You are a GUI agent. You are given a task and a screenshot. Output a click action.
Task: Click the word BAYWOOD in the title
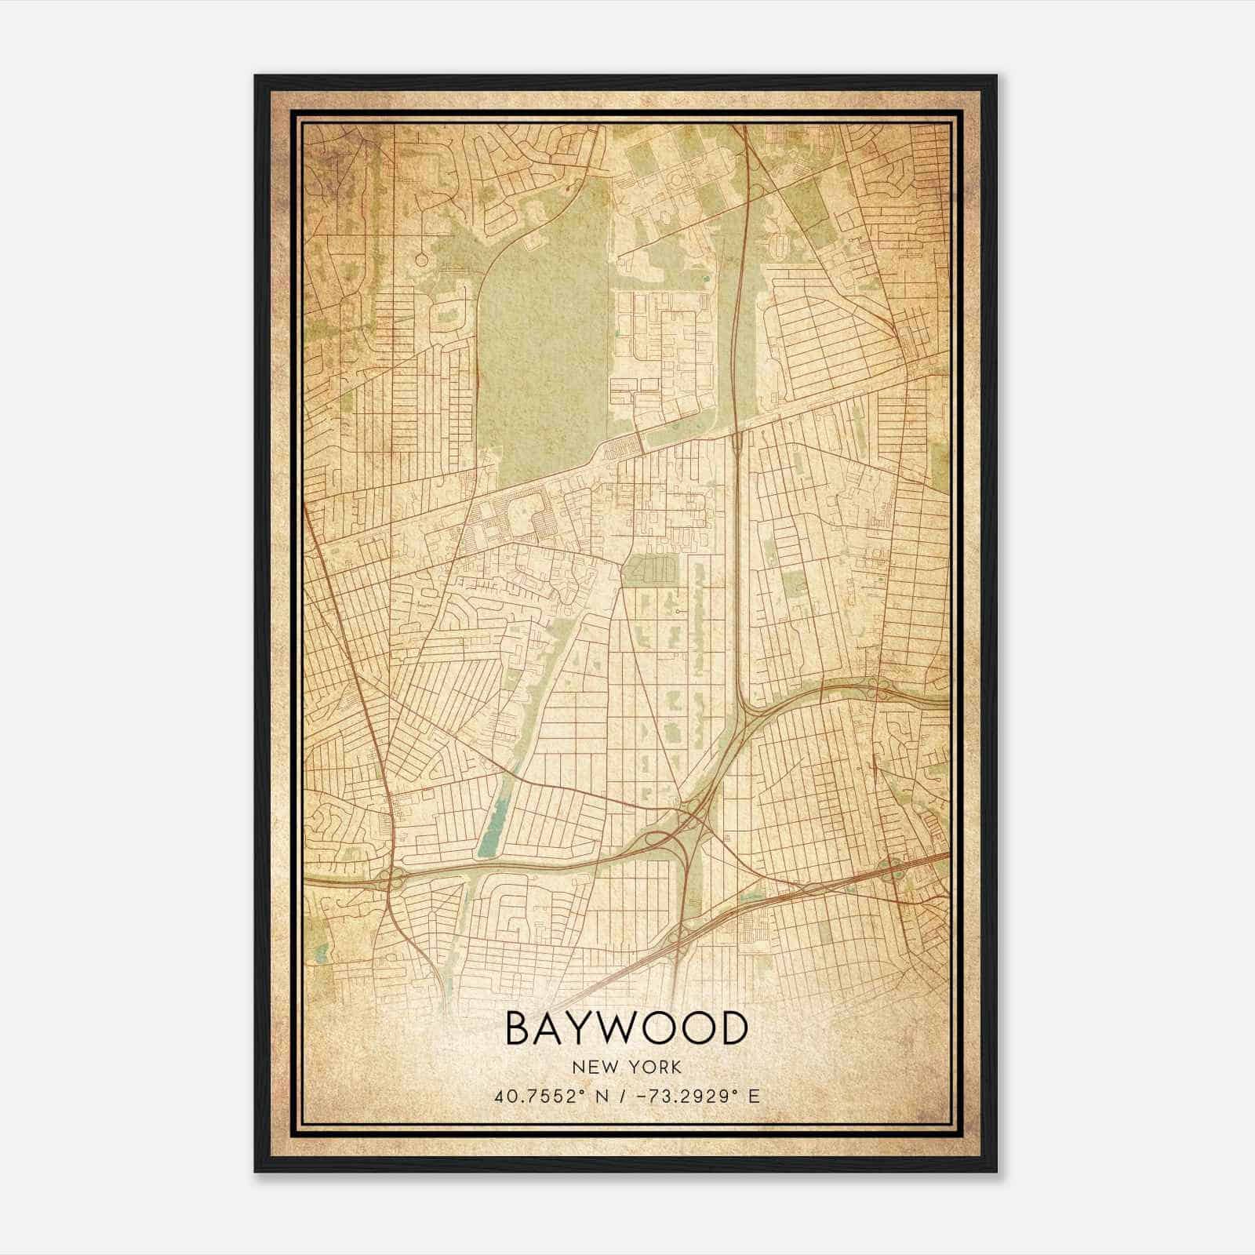[x=626, y=1028]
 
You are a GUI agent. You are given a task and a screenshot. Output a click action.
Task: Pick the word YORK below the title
[x=655, y=1068]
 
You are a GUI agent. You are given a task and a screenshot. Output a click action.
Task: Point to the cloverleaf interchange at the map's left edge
[x=390, y=878]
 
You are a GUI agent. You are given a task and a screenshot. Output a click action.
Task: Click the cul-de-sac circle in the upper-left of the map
[x=422, y=259]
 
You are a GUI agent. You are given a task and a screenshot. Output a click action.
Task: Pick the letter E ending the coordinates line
[x=755, y=1097]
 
